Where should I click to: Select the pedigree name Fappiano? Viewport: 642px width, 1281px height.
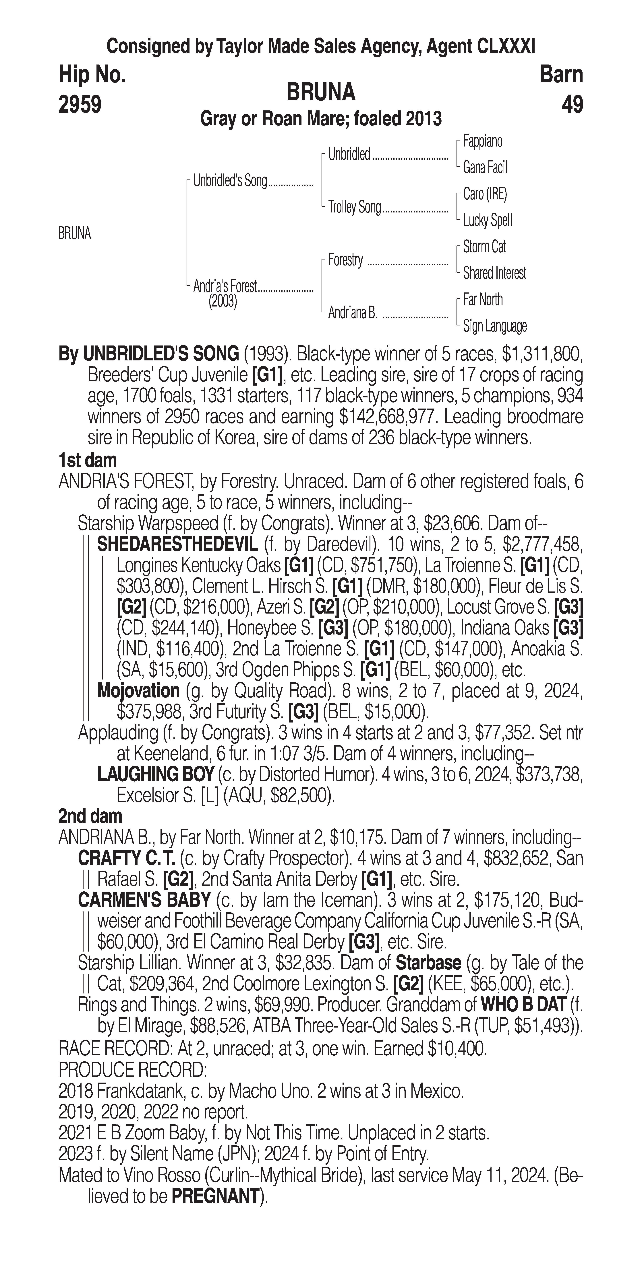click(483, 142)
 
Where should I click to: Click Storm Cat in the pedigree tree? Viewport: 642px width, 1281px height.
click(484, 247)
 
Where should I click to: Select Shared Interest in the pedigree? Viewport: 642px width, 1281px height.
click(494, 273)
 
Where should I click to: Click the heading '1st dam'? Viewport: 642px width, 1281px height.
click(88, 460)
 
